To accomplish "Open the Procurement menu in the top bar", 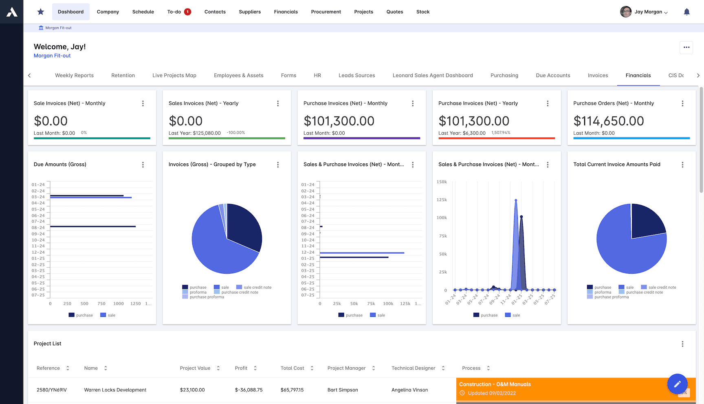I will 326,12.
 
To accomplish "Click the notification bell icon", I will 686,12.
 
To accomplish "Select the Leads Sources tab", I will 356,75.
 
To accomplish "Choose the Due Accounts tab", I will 553,75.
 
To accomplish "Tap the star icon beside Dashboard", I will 41,12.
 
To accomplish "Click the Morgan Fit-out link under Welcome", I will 52,56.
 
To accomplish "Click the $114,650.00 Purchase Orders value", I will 608,121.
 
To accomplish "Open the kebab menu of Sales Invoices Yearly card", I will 278,103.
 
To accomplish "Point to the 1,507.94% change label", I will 501,133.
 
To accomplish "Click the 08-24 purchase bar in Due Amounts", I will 93,226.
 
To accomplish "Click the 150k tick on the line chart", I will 442,182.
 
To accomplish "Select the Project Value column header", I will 195,368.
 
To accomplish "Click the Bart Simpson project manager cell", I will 343,390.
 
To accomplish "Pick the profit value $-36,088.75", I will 249,390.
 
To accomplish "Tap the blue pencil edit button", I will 677,384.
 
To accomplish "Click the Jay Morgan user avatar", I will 626,12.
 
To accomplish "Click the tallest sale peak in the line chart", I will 516,200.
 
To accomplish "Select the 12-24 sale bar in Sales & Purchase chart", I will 362,253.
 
